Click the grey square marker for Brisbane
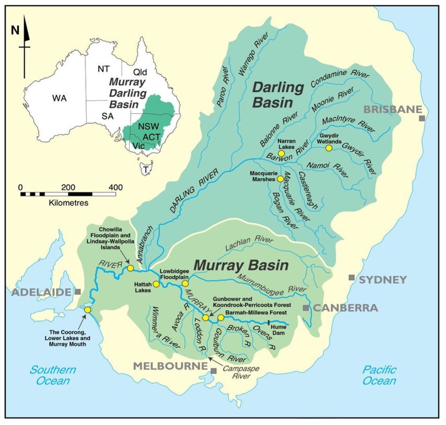[x=422, y=118]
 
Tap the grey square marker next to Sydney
[x=351, y=277]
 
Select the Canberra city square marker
[x=306, y=308]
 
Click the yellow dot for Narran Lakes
[x=281, y=153]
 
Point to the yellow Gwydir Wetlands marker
[x=329, y=148]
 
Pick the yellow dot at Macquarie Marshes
[x=280, y=179]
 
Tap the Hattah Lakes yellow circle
[x=156, y=284]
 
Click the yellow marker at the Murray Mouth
[x=87, y=310]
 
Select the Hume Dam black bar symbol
[x=269, y=322]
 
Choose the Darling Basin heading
[x=278, y=95]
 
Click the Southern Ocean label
[x=53, y=375]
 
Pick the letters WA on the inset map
[x=59, y=98]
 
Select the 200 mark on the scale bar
[x=68, y=188]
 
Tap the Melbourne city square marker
[x=214, y=371]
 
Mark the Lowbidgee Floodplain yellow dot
[x=185, y=283]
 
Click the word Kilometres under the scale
[x=68, y=203]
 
